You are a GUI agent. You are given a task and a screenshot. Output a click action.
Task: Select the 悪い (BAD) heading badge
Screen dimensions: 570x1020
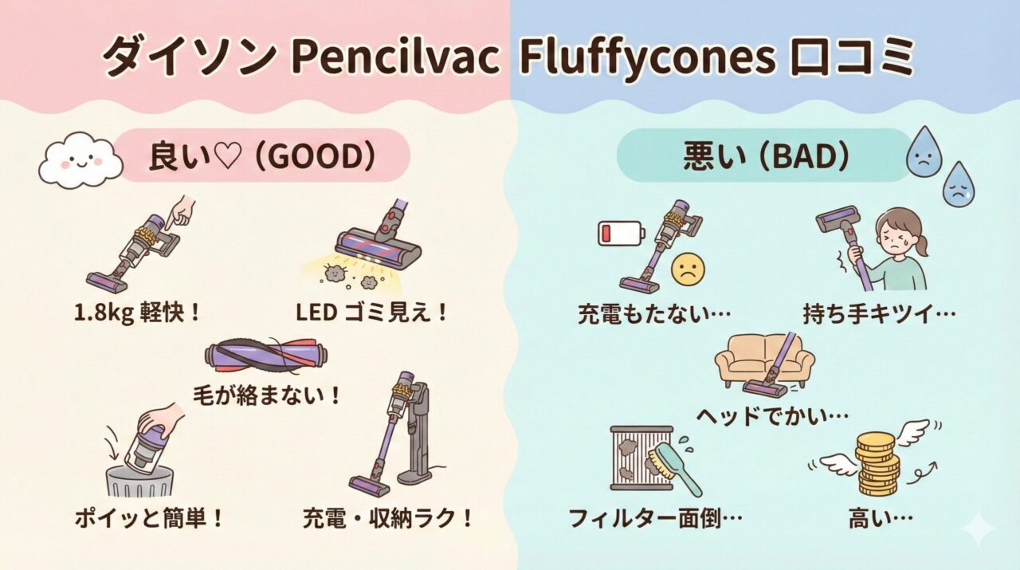[763, 157]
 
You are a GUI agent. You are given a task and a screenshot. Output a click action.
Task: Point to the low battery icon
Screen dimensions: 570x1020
[620, 234]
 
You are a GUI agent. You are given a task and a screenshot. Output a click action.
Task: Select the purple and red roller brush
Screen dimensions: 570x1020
[268, 357]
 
